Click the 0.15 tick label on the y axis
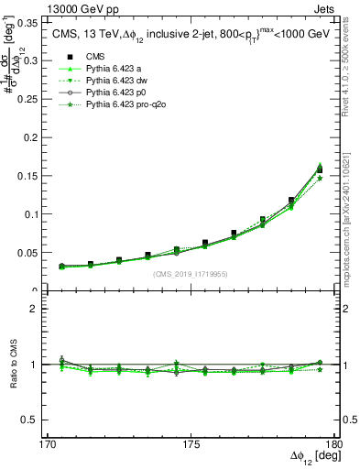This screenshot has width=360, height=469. point(27,175)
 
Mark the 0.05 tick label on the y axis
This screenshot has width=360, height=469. point(27,253)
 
